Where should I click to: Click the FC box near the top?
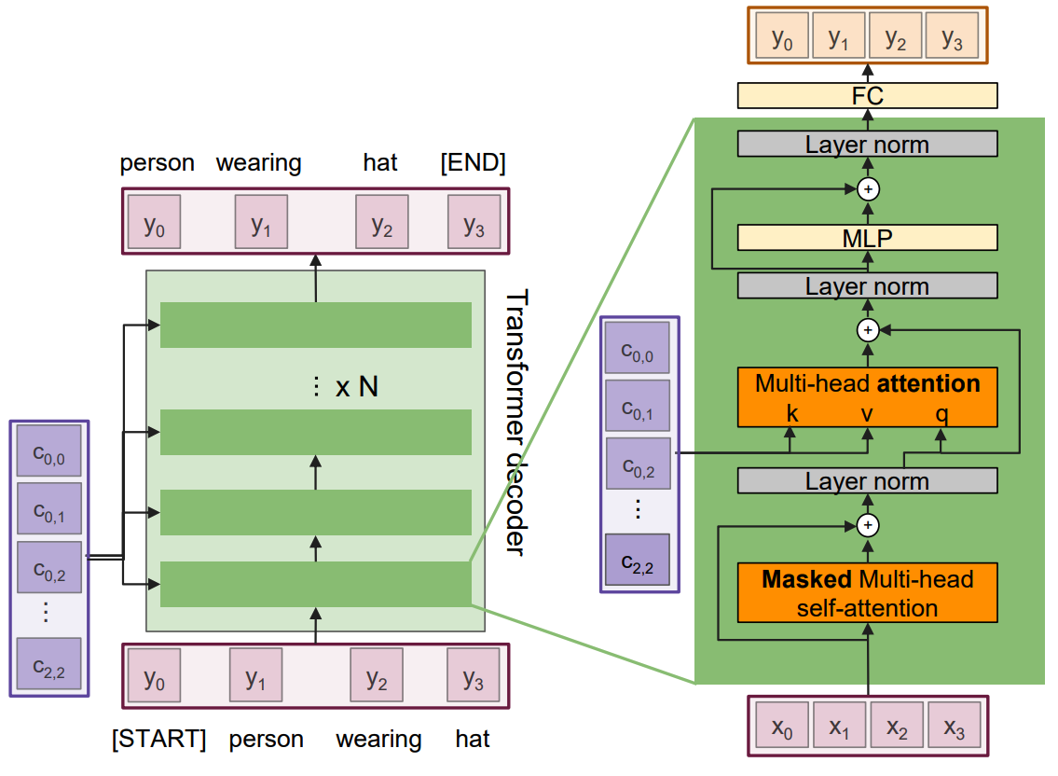pyautogui.click(x=867, y=95)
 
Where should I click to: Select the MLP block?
pyautogui.click(x=867, y=237)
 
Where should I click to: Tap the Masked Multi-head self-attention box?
pyautogui.click(x=867, y=593)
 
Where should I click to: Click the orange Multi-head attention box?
pyautogui.click(x=867, y=397)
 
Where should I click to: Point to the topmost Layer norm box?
pyautogui.click(x=867, y=144)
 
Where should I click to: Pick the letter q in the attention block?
pyautogui.click(x=941, y=413)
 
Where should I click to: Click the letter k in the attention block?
pyautogui.click(x=792, y=413)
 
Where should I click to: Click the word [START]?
pyautogui.click(x=158, y=740)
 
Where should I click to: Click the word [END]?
pyautogui.click(x=473, y=163)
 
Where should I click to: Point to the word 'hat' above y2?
pyautogui.click(x=380, y=163)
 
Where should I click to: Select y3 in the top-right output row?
pyautogui.click(x=952, y=38)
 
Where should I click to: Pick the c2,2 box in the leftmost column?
pyautogui.click(x=48, y=663)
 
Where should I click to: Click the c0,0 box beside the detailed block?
pyautogui.click(x=638, y=348)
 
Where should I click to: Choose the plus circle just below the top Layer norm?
pyautogui.click(x=868, y=189)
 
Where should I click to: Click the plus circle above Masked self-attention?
pyautogui.click(x=868, y=525)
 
